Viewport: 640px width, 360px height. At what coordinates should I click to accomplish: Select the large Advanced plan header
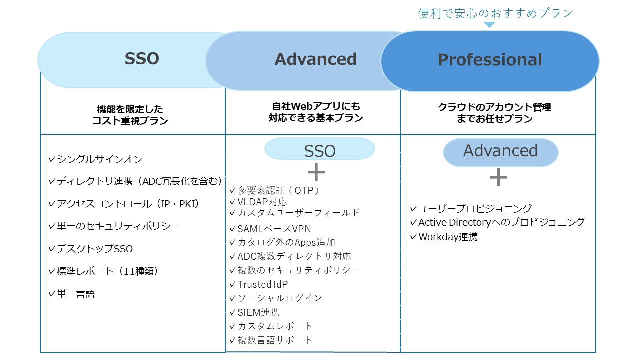pos(315,59)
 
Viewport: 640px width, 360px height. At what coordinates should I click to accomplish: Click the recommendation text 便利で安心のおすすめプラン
pos(495,13)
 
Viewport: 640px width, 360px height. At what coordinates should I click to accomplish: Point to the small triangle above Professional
pos(489,24)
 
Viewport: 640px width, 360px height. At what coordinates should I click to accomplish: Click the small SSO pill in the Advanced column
pos(319,149)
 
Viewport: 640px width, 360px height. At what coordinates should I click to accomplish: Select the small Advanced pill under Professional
pos(500,152)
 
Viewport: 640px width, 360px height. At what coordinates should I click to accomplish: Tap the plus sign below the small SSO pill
pos(316,172)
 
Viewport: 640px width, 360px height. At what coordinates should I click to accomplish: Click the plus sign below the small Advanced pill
pos(498,177)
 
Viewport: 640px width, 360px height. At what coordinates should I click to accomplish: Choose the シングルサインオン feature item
pos(95,159)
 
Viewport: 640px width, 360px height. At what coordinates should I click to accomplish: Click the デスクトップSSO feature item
pos(91,249)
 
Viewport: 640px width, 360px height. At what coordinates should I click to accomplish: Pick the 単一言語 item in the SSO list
pos(71,293)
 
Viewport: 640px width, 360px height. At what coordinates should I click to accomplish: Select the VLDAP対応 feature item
pos(258,202)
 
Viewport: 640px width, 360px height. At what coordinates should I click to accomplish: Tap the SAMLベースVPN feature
pos(270,229)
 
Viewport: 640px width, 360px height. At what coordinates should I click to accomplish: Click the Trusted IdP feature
pos(259,284)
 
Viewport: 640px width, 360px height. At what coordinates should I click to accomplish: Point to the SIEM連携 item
pos(255,312)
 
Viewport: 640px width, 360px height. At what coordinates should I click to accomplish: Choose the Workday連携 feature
pos(444,237)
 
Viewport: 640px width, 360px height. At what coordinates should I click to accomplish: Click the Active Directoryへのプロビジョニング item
pos(497,222)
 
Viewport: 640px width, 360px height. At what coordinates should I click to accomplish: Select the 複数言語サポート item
pos(271,340)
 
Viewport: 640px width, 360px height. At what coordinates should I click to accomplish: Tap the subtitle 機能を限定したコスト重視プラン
pos(130,115)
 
